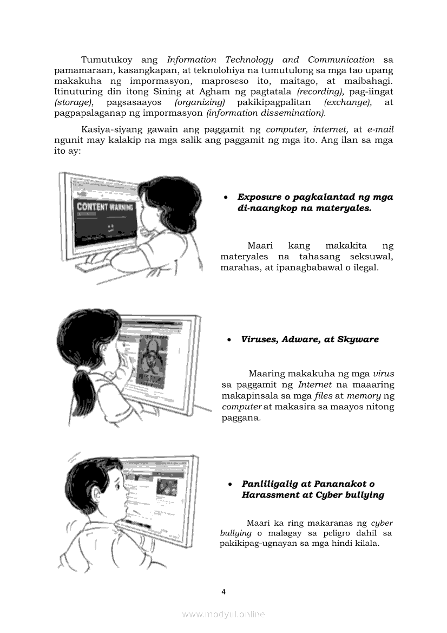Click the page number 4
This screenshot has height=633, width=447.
(223, 591)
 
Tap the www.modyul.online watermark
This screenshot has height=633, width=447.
(223, 614)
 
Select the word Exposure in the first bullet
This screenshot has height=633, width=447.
(258, 197)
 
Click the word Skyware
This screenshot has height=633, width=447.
(358, 340)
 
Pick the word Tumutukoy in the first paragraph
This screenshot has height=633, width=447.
(107, 60)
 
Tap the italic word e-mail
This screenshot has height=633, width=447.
(380, 129)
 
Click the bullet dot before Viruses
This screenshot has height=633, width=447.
(230, 340)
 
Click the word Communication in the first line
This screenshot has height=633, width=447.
(341, 60)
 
